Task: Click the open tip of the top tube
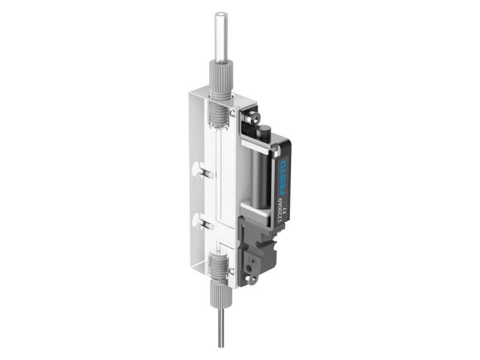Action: pyautogui.click(x=221, y=14)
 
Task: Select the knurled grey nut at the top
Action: pyautogui.click(x=220, y=83)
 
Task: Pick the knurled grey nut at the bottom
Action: pyautogui.click(x=220, y=294)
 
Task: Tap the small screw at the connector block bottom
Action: pyautogui.click(x=251, y=278)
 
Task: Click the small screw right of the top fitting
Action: pyautogui.click(x=232, y=112)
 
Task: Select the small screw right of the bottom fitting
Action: pyautogui.click(x=232, y=272)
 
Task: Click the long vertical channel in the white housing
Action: pyautogui.click(x=215, y=186)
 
